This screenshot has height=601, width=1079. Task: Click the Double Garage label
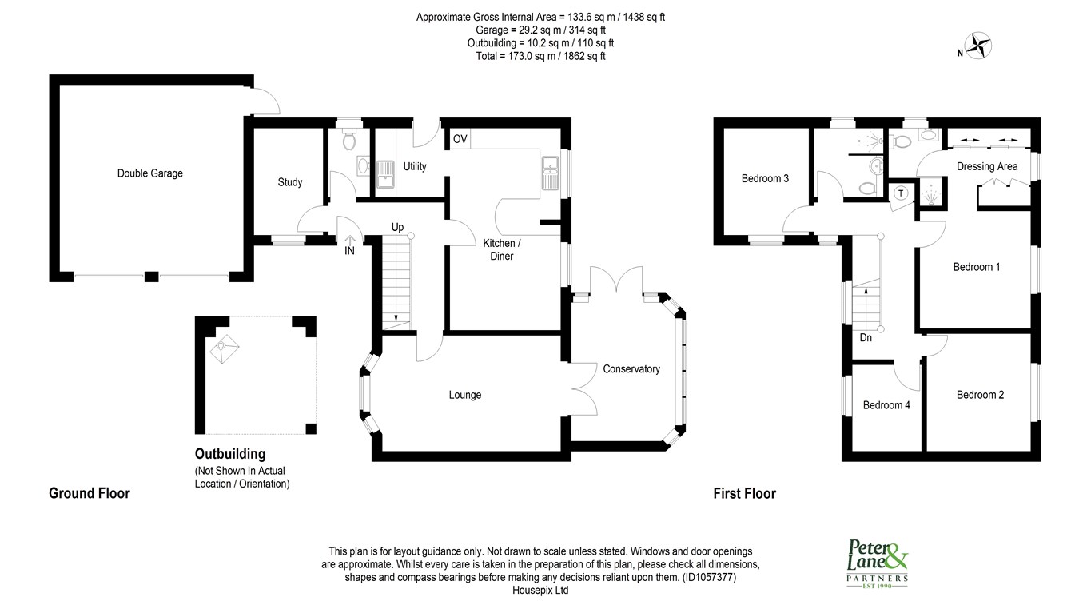(x=149, y=173)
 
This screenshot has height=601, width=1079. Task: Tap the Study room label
(x=289, y=182)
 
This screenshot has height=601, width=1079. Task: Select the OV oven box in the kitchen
(x=460, y=139)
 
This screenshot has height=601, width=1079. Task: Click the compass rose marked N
(x=977, y=46)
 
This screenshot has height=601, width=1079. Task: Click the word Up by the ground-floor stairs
(x=397, y=227)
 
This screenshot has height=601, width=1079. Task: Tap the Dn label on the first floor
(x=866, y=338)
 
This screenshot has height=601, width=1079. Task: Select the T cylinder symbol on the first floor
(x=901, y=193)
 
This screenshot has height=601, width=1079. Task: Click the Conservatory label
(x=631, y=369)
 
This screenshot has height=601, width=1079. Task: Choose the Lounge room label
(x=464, y=395)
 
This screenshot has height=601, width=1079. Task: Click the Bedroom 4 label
(x=886, y=405)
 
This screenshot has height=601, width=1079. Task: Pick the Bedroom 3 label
(x=765, y=179)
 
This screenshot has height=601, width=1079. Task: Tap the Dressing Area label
(x=987, y=166)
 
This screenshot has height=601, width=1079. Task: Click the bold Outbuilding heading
(x=230, y=454)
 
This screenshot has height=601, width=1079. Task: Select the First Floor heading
(x=744, y=494)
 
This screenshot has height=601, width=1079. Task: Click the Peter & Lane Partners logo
(x=877, y=563)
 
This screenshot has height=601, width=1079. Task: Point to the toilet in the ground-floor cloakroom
(x=348, y=141)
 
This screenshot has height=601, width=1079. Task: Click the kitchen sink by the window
(x=550, y=173)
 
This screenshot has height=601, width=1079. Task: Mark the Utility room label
(x=415, y=167)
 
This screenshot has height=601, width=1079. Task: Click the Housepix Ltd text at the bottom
(x=539, y=590)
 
